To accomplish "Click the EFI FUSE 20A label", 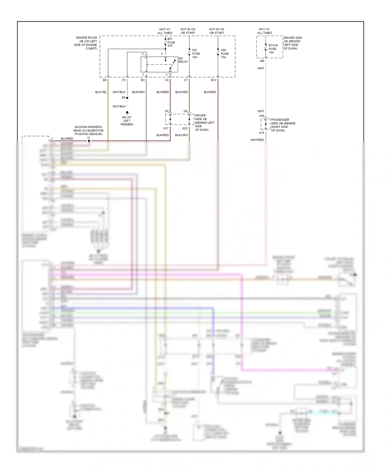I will (x=171, y=42).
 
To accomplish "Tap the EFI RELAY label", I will (x=183, y=60).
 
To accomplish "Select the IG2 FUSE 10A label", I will (x=196, y=54).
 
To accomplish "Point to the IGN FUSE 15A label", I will (x=225, y=54).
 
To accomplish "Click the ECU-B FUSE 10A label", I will (x=273, y=49).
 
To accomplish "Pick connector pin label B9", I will (x=105, y=80).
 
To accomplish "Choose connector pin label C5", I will (x=124, y=80).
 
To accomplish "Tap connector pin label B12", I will (x=214, y=80).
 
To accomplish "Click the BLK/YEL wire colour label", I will (x=101, y=92).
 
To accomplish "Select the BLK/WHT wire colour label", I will (x=138, y=92).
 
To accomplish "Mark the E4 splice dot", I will (x=127, y=98).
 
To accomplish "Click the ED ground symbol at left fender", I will (x=127, y=113).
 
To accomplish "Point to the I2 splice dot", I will (x=89, y=141).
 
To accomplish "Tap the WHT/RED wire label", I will (x=257, y=140).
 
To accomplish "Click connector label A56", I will (x=262, y=116).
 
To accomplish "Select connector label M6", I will (x=262, y=61).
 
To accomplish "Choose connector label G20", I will (x=185, y=128).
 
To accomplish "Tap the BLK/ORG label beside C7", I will (x=182, y=92).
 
